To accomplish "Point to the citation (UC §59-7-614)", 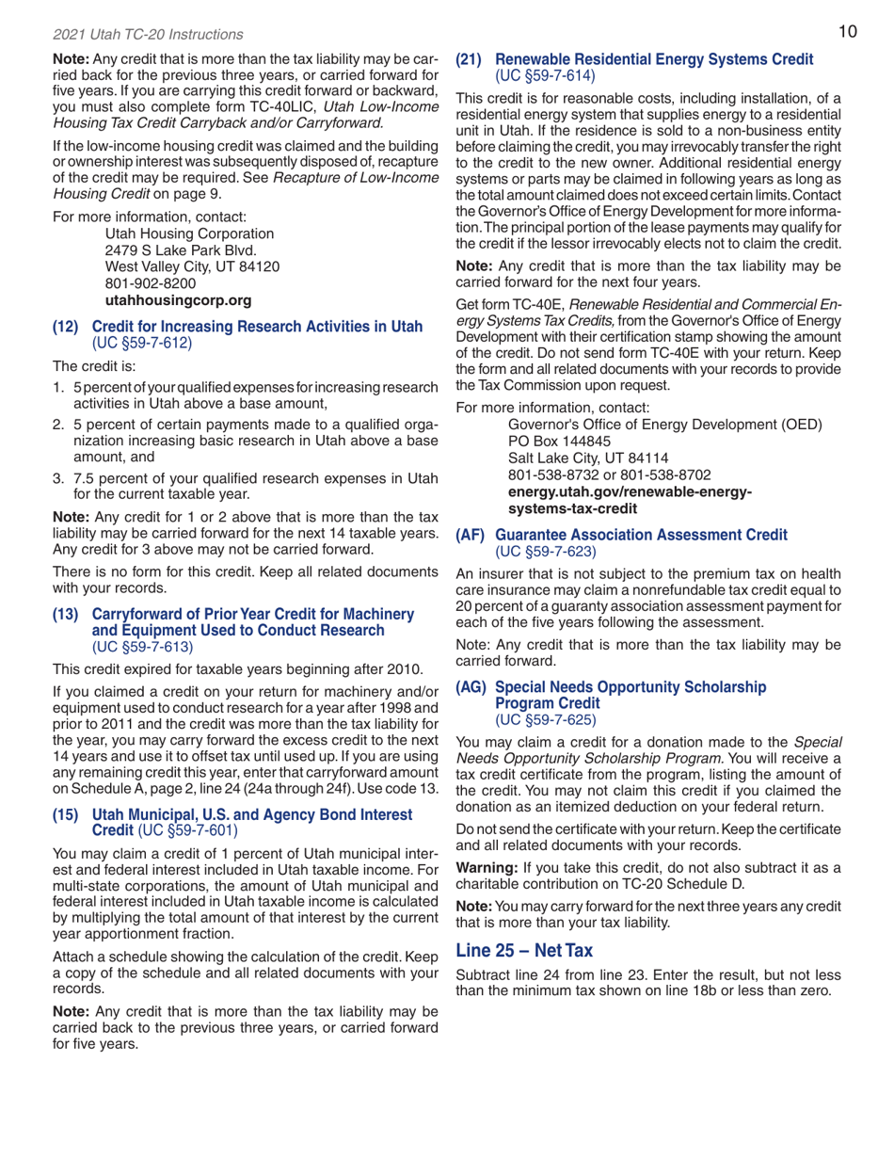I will click(536, 75).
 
